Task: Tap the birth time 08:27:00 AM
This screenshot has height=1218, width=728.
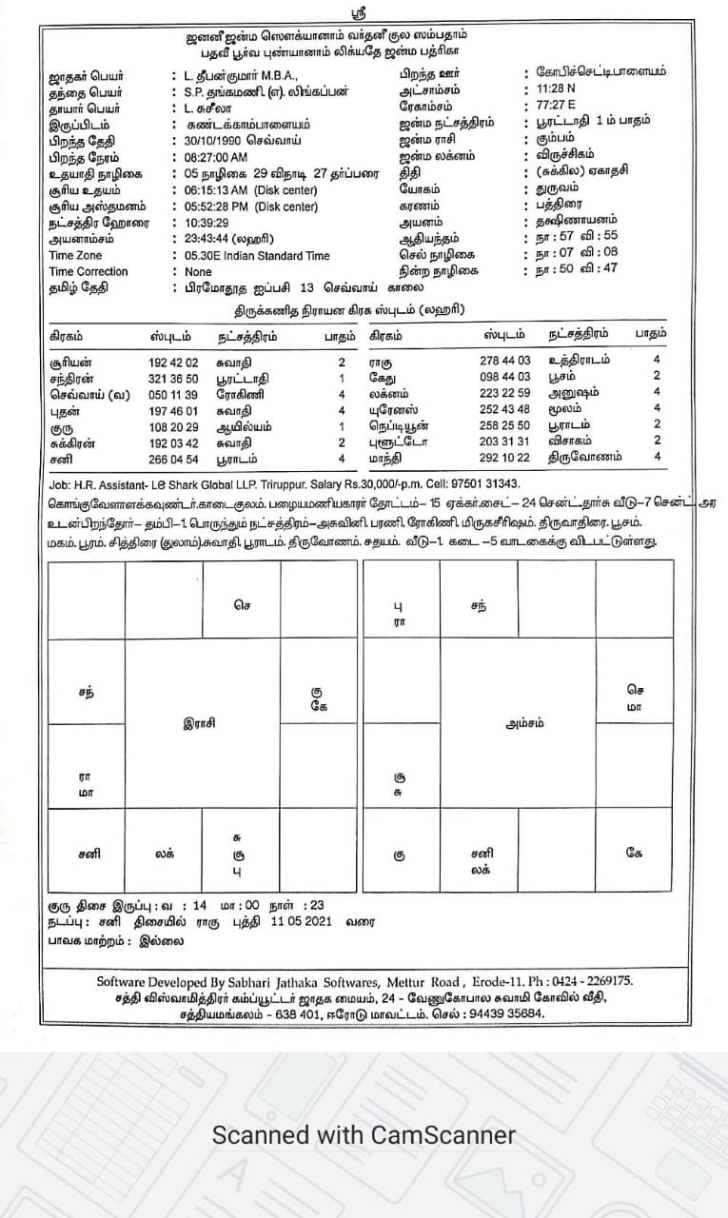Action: click(216, 157)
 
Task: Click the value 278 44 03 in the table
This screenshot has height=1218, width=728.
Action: click(505, 362)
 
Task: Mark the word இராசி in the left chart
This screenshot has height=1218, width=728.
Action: click(203, 722)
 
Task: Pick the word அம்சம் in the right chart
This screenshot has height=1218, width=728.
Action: click(524, 722)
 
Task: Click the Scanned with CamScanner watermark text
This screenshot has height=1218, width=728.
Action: click(364, 1134)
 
